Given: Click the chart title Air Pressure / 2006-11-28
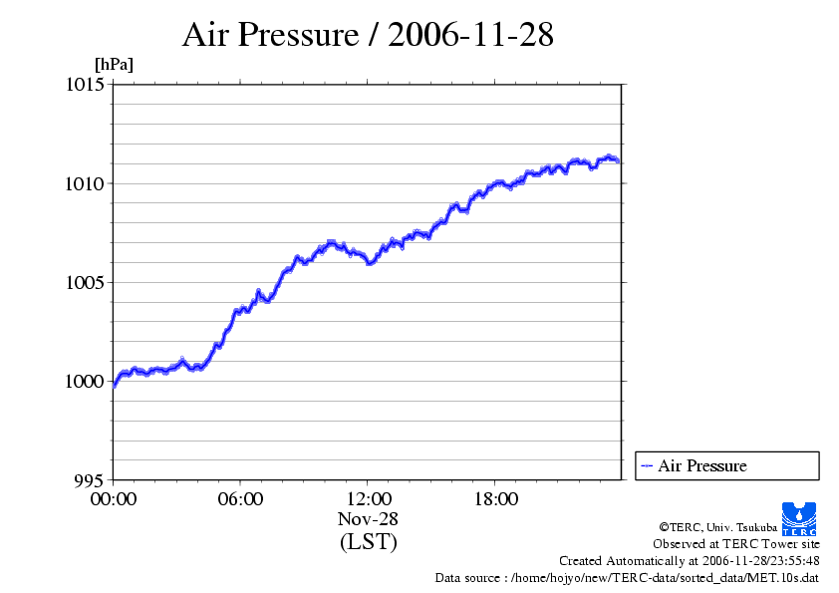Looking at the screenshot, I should point(368,35).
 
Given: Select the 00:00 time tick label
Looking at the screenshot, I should point(114,499).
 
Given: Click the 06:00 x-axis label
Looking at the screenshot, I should point(240,499).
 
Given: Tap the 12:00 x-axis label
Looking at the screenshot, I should point(368,499).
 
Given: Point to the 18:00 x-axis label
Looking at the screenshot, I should point(495,499).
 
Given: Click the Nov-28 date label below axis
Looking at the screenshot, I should point(368,519).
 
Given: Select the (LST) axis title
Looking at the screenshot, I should point(368,542).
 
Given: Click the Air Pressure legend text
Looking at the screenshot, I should point(701,465).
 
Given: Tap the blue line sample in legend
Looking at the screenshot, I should point(647,465).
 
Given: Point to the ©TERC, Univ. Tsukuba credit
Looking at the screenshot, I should point(717,526).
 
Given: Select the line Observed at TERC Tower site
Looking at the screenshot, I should point(736,543).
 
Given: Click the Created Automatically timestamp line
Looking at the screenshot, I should point(690,560).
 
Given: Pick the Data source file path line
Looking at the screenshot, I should point(628,577).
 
